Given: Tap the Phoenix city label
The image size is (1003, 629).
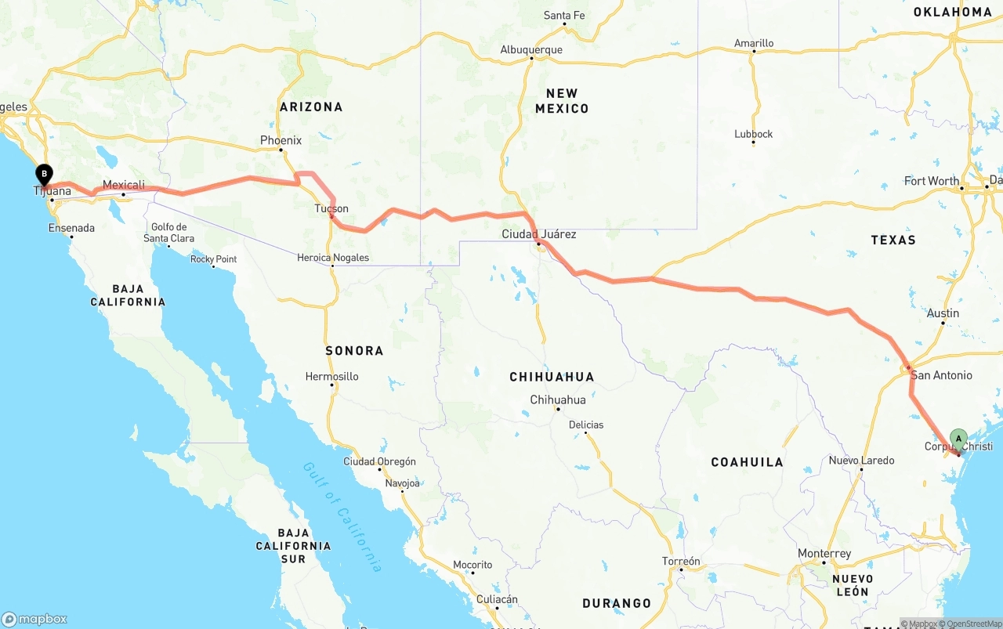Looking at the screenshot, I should (x=281, y=141).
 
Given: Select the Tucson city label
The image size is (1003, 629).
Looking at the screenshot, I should (x=331, y=209).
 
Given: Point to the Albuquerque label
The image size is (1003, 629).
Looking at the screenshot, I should (x=531, y=50).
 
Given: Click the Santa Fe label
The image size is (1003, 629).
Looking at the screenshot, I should (x=564, y=16).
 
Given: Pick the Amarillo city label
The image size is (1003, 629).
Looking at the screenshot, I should (x=754, y=44).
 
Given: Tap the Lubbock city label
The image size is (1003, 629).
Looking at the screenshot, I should (x=754, y=134).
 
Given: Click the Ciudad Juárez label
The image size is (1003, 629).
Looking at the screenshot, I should (x=539, y=234).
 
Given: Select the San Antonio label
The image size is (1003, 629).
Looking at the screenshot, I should (x=941, y=376).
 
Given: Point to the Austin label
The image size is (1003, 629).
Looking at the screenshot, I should (x=943, y=313).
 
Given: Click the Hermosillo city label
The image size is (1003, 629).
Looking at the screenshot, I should (x=332, y=377).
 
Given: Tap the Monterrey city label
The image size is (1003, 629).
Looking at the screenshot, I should (x=824, y=554).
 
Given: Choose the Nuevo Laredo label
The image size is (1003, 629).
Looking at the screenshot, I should (x=861, y=461).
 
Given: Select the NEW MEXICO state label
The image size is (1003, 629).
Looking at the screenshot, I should (x=562, y=101).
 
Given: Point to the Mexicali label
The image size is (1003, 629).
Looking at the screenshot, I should (x=124, y=186).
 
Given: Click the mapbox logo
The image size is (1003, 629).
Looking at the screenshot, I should (x=34, y=619).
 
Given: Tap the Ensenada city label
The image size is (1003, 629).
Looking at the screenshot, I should (x=71, y=229).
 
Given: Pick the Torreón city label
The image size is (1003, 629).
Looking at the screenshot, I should (x=680, y=562).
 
